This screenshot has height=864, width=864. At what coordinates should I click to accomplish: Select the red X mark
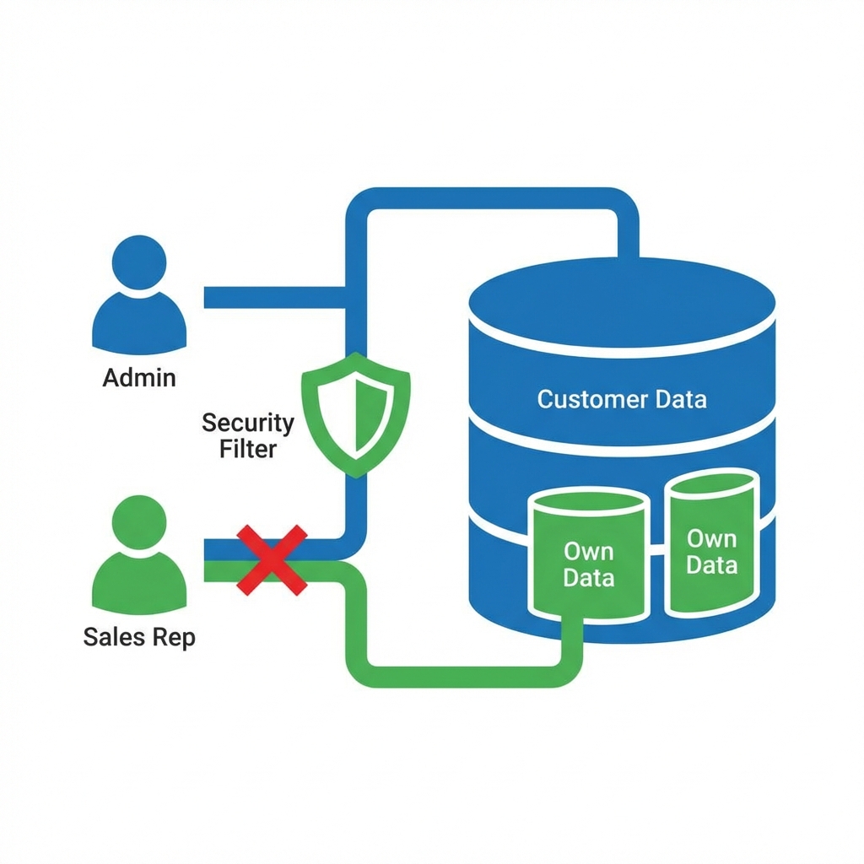(x=272, y=559)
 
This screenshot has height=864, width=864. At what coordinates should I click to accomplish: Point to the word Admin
(x=139, y=377)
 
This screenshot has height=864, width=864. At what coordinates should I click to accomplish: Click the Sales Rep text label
(x=139, y=637)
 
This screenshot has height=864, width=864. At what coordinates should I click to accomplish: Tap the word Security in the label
(x=248, y=423)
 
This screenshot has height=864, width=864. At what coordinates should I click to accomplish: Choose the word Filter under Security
(x=248, y=449)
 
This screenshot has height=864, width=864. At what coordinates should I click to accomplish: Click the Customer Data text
(x=622, y=399)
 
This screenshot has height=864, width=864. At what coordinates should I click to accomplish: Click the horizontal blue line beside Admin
(x=274, y=297)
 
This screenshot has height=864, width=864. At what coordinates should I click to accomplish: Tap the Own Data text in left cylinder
(x=588, y=564)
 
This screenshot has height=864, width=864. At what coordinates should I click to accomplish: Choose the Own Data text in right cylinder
(x=711, y=551)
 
